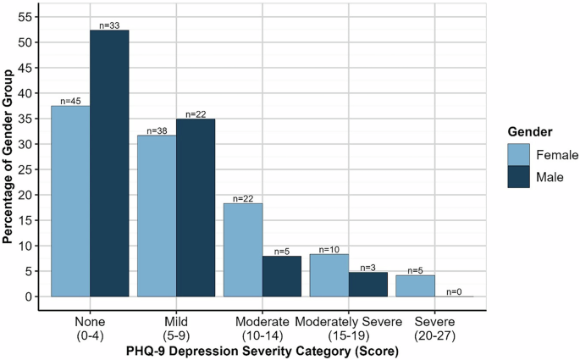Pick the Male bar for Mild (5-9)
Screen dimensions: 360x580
coord(196,208)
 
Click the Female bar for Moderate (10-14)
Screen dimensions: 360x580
coord(244,250)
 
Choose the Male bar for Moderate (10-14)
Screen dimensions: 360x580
coord(282,276)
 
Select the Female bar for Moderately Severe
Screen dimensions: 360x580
coord(330,275)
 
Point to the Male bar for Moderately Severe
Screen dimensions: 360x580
coord(368,285)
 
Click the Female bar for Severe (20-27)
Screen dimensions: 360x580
coord(416,285)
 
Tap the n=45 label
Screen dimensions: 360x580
coord(71,100)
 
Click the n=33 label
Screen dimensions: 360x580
coord(110,25)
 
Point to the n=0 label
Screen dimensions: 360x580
coord(455,291)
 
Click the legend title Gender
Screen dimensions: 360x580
coord(531,132)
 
